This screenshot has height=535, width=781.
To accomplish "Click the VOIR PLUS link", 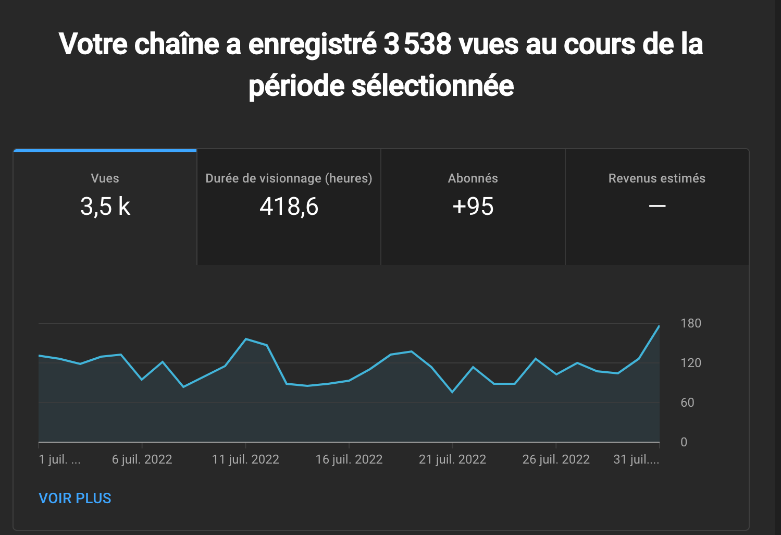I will point(75,498).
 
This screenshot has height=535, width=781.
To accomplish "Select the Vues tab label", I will point(105,178).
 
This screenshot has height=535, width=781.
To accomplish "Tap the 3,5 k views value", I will point(105,206).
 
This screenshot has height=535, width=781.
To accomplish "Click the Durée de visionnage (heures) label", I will point(289,178).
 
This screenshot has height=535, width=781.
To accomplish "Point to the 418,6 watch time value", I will point(289,206).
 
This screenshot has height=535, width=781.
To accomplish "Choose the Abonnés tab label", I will point(473,178).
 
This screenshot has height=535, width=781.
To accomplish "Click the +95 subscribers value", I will point(473,206).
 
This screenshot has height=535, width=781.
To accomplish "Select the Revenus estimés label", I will point(656,178).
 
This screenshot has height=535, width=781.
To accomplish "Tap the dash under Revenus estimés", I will point(657,206).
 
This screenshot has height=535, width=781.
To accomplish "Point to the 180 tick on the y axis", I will point(690,323).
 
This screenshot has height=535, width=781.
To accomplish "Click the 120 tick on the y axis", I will point(690,363).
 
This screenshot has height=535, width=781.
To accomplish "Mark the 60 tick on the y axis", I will point(687,403).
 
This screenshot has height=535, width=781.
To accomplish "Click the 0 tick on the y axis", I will point(684,442).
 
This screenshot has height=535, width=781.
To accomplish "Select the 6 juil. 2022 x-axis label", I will point(142,459).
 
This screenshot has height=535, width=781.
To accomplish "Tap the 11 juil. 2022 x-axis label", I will point(245,459).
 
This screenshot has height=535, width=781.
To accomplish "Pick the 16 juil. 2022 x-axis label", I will point(349,459).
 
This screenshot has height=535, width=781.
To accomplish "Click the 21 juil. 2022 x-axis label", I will point(452,459).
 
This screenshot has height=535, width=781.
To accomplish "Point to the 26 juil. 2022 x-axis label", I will point(556,459).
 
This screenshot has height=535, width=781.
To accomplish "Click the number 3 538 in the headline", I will point(417,44).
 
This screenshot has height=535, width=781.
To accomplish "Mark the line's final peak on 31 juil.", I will point(659,326).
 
